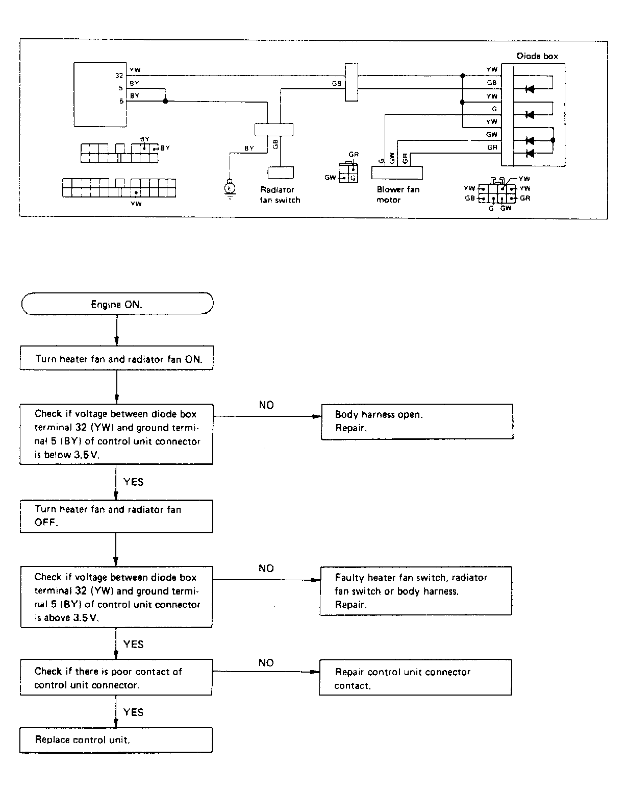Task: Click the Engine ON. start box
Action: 117,304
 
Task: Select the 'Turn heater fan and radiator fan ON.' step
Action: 117,359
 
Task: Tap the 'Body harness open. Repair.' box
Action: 416,422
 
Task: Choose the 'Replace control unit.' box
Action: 116,739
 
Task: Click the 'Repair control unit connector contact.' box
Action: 415,678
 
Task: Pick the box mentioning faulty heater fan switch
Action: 415,591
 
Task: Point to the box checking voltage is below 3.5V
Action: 116,434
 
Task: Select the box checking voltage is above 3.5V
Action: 116,597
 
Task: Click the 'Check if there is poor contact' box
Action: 116,678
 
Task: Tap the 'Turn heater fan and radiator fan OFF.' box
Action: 116,516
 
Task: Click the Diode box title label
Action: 537,56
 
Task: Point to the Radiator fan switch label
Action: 280,194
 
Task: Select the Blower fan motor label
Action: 398,194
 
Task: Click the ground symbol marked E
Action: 230,188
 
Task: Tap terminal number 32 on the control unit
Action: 119,76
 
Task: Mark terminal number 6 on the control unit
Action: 121,101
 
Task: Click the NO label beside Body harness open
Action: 266,405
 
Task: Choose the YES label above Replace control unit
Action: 133,712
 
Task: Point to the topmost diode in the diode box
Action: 530,89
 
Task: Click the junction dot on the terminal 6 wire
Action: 165,101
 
